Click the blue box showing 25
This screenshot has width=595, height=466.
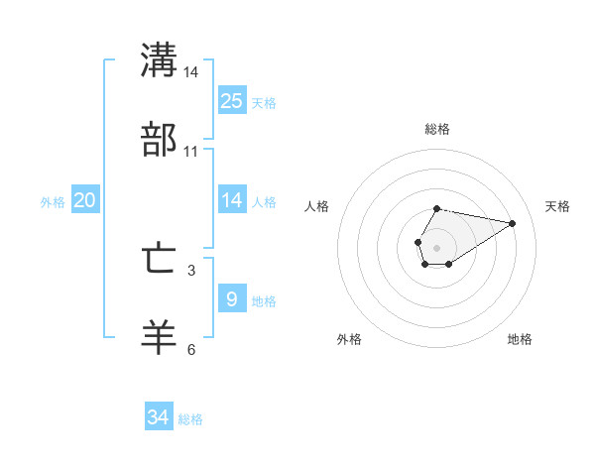pyautogui.click(x=232, y=101)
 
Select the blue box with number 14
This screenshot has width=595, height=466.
pyautogui.click(x=232, y=200)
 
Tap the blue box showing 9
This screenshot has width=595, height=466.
pyautogui.click(x=232, y=298)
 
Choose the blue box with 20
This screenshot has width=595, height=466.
pyautogui.click(x=85, y=200)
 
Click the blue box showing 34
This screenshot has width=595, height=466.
pyautogui.click(x=159, y=417)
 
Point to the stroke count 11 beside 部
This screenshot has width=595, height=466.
pyautogui.click(x=191, y=152)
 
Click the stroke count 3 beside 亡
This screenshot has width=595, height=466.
pyautogui.click(x=191, y=270)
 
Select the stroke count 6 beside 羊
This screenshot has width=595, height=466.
pyautogui.click(x=191, y=349)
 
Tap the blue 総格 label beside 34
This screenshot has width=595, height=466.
pyautogui.click(x=191, y=419)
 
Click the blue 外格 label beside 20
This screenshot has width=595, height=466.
pyautogui.click(x=53, y=201)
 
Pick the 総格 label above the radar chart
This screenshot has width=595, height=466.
pyautogui.click(x=436, y=129)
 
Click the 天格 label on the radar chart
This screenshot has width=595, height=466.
pyautogui.click(x=557, y=206)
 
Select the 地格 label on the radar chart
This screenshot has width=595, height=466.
pyautogui.click(x=520, y=339)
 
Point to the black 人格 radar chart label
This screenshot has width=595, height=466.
pyautogui.click(x=317, y=206)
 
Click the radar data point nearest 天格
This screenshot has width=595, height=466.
pyautogui.click(x=513, y=223)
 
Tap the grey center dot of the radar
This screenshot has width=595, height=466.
pyautogui.click(x=436, y=247)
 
